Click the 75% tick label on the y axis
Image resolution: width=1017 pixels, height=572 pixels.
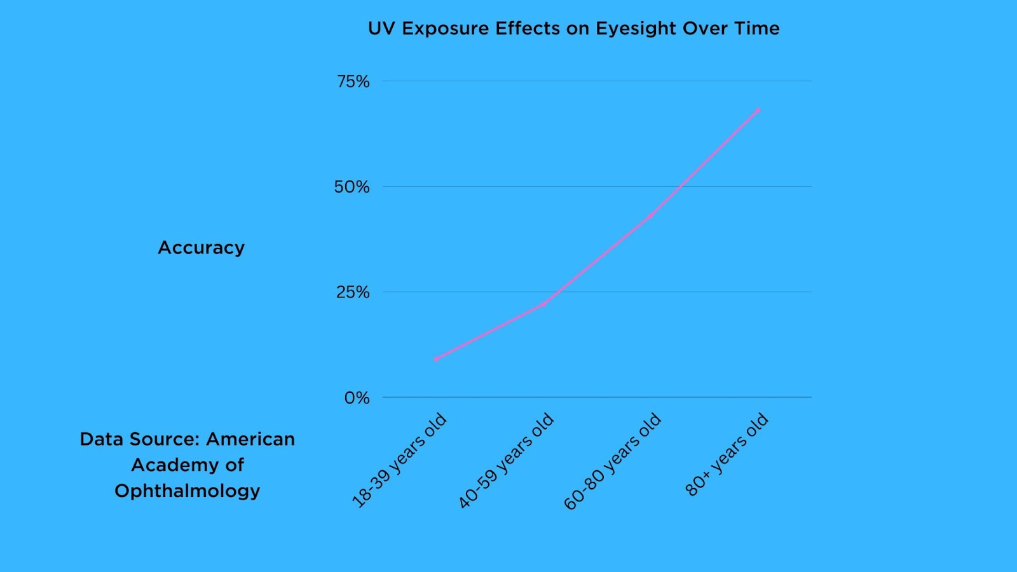[x=353, y=81]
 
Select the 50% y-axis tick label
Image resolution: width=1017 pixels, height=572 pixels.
[x=352, y=187]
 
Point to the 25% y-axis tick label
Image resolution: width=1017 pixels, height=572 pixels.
[x=353, y=292]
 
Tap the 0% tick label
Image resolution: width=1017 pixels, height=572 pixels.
[x=357, y=398]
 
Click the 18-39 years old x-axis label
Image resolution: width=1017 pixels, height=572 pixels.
[x=400, y=460]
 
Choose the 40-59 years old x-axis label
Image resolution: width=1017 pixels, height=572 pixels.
[x=507, y=460]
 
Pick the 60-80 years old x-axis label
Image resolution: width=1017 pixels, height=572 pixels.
[x=613, y=461]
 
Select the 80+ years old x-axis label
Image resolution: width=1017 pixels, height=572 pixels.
[x=727, y=454]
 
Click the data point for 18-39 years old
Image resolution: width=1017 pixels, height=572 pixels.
[x=436, y=359]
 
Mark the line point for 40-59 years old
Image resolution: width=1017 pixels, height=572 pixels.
[x=543, y=304]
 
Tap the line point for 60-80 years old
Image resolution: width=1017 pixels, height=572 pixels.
[x=650, y=215]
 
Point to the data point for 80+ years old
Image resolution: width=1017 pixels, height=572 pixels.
[x=758, y=111]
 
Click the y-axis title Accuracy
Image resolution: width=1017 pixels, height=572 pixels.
[x=201, y=247]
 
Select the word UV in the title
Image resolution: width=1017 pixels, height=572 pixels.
[x=381, y=29]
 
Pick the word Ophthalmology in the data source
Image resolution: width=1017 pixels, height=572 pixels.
[x=188, y=491]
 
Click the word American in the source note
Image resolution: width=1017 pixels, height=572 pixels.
[x=250, y=439]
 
